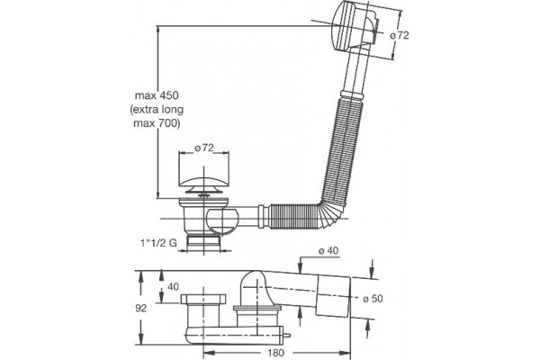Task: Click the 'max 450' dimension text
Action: (x=157, y=95)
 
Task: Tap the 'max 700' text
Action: (x=157, y=123)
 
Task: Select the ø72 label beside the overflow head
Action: (x=400, y=35)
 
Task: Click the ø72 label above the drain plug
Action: (x=204, y=148)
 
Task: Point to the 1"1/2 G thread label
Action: (x=158, y=242)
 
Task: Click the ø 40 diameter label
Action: (x=328, y=250)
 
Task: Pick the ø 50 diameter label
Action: (x=373, y=298)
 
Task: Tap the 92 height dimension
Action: (x=141, y=309)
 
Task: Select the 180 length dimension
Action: (x=275, y=353)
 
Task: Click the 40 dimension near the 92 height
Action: (x=173, y=286)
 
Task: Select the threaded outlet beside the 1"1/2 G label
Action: (x=203, y=243)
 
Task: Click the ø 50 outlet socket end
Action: (x=333, y=297)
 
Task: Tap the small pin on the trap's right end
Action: (x=286, y=335)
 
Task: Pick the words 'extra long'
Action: (x=157, y=110)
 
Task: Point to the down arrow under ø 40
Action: (x=301, y=266)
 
